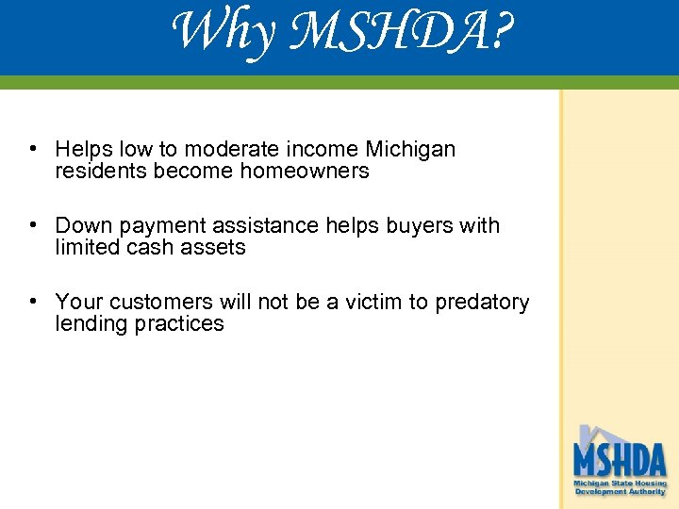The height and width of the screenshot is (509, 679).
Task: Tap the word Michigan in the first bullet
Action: coord(410,149)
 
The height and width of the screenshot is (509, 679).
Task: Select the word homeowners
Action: coord(305,171)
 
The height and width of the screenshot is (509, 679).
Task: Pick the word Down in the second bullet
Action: coord(82,225)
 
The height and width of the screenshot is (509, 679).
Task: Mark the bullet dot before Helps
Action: coord(33,149)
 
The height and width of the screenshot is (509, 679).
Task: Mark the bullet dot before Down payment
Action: coord(33,225)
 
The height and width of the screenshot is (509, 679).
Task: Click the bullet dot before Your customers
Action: coord(33,302)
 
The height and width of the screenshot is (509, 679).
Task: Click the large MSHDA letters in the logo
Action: coord(620,460)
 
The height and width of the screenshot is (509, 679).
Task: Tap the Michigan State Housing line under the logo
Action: coord(620,484)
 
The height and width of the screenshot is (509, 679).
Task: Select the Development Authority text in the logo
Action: coord(620,492)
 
